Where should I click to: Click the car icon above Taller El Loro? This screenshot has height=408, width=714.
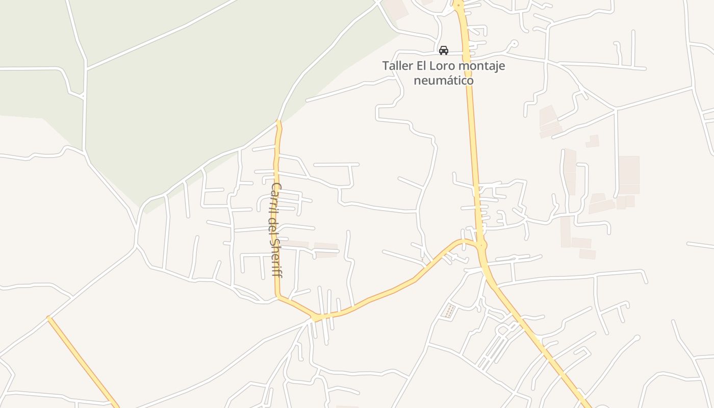[444, 50]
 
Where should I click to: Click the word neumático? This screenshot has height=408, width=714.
[443, 80]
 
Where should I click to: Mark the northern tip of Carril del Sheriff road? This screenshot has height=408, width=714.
[278, 122]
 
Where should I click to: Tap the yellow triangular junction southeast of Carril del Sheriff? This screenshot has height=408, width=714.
[318, 317]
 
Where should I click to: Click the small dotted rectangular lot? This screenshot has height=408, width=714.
[449, 311]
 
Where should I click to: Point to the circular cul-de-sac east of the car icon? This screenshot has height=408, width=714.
[514, 43]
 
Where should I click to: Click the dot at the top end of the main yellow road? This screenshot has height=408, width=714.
[458, 5]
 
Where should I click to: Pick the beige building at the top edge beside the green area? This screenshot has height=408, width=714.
[396, 9]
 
